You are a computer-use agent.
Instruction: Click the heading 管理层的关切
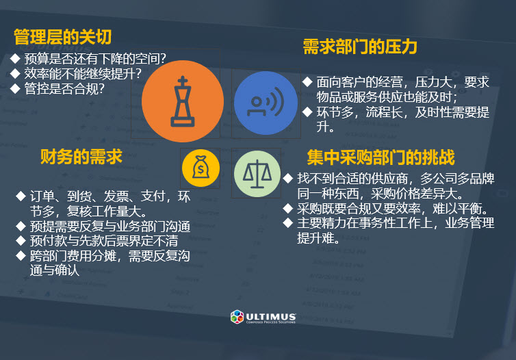[62, 36]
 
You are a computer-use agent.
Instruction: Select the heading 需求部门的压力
[360, 47]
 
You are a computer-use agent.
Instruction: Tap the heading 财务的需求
[81, 156]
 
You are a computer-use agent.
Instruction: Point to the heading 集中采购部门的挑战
[380, 157]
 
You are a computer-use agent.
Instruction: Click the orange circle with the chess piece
[183, 101]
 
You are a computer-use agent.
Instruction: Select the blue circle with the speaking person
[266, 103]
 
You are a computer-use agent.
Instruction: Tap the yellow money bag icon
[201, 168]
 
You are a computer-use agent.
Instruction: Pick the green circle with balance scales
[257, 174]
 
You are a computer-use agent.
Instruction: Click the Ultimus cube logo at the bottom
[237, 317]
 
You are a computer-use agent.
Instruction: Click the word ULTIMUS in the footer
[271, 316]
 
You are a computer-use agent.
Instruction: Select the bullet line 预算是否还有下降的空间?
[95, 59]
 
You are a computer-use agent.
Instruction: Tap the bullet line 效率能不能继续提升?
[83, 73]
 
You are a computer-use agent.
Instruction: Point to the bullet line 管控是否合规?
[64, 88]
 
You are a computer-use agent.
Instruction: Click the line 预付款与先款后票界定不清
[104, 240]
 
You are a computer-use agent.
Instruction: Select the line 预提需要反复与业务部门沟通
[110, 226]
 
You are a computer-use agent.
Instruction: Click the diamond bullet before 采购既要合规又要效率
[288, 208]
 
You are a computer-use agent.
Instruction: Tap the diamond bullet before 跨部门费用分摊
[21, 255]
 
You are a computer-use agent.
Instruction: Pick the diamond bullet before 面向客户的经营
[307, 81]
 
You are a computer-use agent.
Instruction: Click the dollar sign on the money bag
[201, 170]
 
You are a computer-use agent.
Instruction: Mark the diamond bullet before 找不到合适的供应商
[288, 178]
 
